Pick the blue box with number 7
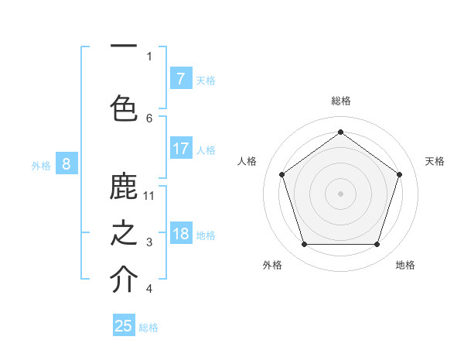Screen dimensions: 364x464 (x=180, y=79)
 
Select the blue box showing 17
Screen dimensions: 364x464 (x=180, y=149)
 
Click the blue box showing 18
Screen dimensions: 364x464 (x=180, y=235)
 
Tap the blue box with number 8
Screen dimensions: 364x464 (x=67, y=163)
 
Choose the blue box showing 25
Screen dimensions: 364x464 (x=124, y=326)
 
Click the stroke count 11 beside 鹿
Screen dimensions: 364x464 (x=149, y=195)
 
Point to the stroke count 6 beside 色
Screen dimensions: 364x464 (x=149, y=118)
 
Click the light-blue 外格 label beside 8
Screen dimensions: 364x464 (x=41, y=165)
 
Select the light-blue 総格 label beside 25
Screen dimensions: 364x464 (x=148, y=328)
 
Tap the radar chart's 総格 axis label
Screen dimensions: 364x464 (x=340, y=101)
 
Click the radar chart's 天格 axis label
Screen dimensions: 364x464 (x=435, y=161)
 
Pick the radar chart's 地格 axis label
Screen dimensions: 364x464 (x=405, y=265)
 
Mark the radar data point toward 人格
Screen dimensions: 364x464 (x=281, y=174)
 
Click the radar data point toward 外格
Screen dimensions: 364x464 (x=304, y=245)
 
